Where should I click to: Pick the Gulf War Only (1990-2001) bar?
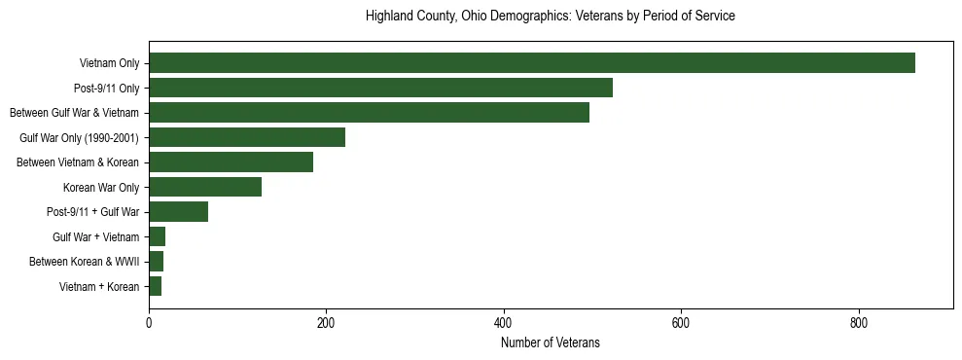pos(247,137)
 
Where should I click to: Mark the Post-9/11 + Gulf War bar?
pos(178,211)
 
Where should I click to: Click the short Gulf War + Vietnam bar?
pos(157,236)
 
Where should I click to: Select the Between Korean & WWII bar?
pos(156,261)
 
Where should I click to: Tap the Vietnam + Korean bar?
pos(155,286)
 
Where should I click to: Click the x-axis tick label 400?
pos(503,322)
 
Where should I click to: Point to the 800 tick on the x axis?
pos(858,322)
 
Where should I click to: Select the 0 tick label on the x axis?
pos(149,322)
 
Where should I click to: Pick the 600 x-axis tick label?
pos(681,322)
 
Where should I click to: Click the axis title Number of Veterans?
pos(550,342)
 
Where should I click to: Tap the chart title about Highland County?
pos(550,17)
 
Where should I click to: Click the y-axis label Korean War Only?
pos(101,187)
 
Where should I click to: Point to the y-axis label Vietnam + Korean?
pos(99,286)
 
